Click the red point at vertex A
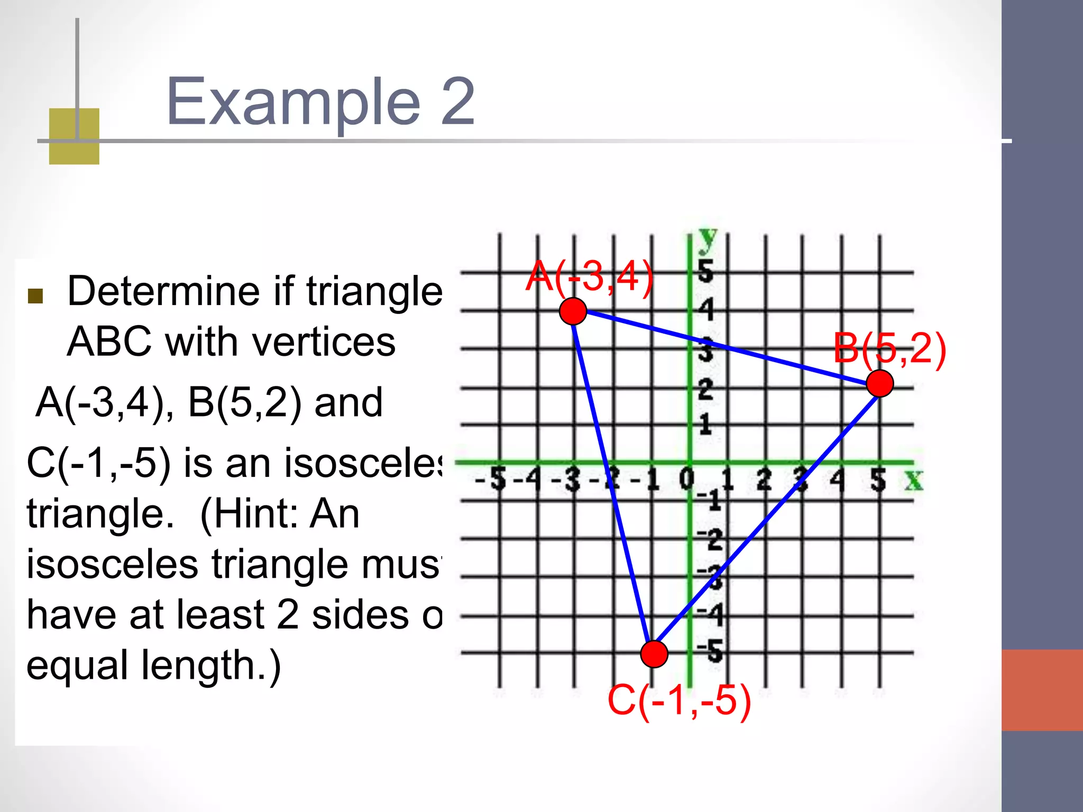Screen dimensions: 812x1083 pyautogui.click(x=573, y=311)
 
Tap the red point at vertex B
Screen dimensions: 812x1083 pyautogui.click(x=880, y=383)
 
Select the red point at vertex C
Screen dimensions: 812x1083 pyautogui.click(x=654, y=654)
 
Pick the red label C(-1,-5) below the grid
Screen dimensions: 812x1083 pyautogui.click(x=680, y=700)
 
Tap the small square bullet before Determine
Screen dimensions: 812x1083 pyautogui.click(x=35, y=296)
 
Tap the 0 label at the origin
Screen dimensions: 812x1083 pyautogui.click(x=686, y=479)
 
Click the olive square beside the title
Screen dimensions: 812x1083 pyautogui.click(x=74, y=136)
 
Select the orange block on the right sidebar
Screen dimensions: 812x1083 pyautogui.click(x=1042, y=690)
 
